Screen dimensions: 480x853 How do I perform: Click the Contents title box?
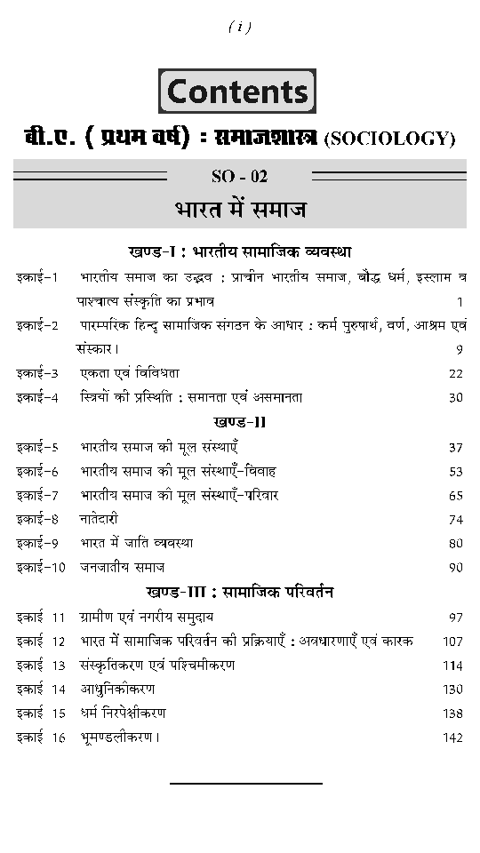tap(238, 92)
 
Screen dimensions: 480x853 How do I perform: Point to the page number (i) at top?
tap(240, 28)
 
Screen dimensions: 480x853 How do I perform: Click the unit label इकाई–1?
tap(36, 277)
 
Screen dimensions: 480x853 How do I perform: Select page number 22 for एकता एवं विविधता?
tap(456, 373)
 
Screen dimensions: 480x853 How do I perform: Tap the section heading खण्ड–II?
tap(240, 421)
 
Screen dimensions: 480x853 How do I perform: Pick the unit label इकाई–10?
tap(40, 567)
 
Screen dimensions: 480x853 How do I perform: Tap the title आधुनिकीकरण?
tap(116, 689)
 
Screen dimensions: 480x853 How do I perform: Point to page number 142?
tap(452, 737)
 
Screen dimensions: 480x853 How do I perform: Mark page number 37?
tap(456, 447)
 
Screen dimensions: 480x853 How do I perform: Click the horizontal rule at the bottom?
tap(245, 784)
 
